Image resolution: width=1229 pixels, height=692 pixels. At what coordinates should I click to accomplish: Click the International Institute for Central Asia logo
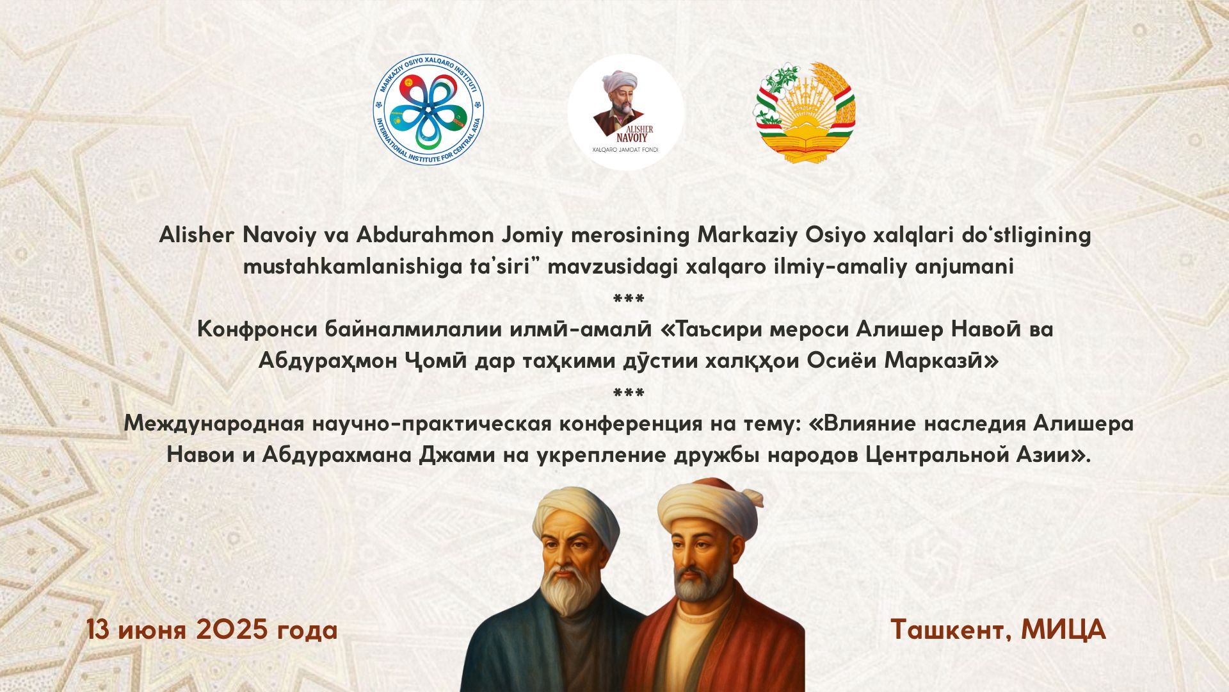click(428, 109)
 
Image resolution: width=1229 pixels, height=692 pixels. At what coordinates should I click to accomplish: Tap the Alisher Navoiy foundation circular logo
click(625, 112)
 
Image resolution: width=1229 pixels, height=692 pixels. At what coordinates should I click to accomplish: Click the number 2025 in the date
click(232, 630)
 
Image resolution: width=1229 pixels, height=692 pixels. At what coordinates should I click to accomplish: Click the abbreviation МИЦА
click(1063, 630)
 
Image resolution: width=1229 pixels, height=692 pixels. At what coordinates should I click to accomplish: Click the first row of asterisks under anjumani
click(629, 299)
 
